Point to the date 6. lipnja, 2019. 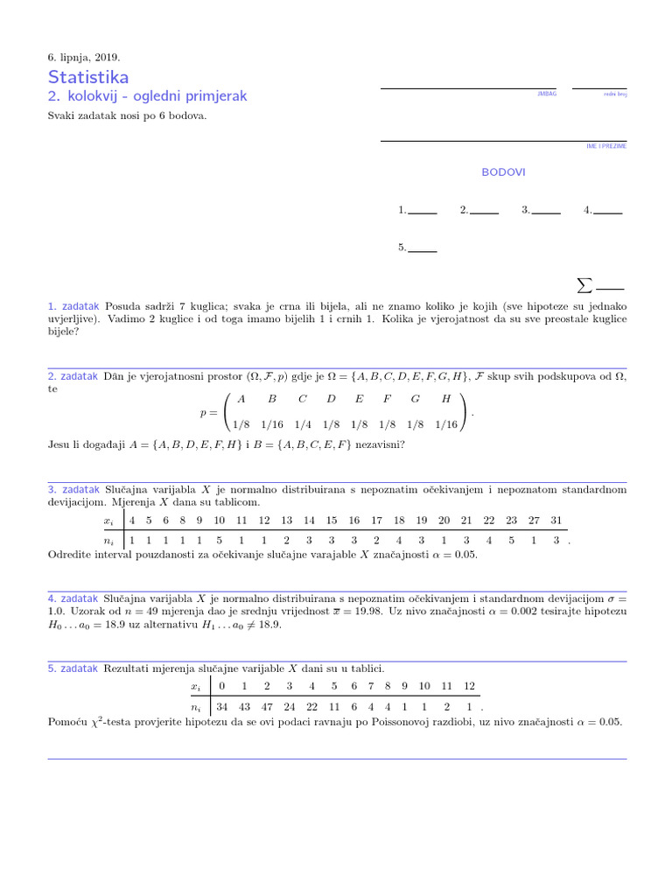(84, 58)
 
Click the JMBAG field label (546, 93)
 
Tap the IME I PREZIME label (605, 146)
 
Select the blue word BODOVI (503, 172)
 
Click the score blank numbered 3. (546, 211)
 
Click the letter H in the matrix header (446, 398)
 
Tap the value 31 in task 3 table (556, 520)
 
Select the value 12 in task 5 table (469, 685)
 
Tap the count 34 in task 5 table (221, 707)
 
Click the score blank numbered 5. (423, 248)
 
